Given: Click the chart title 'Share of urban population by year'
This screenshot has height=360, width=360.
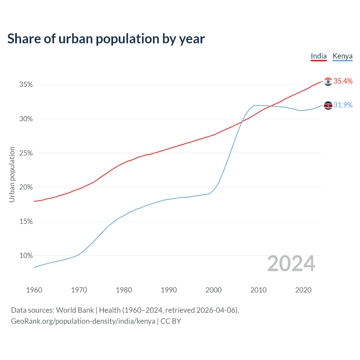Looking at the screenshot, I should tap(106, 39).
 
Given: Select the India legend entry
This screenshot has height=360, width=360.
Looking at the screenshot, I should tap(319, 56).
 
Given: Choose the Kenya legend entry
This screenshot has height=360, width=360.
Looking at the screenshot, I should tap(342, 56).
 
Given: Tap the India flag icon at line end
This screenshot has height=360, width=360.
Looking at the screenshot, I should tap(328, 82).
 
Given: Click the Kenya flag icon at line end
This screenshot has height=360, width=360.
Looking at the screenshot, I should tap(328, 105).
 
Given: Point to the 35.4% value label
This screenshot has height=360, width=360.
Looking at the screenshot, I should tap(343, 81).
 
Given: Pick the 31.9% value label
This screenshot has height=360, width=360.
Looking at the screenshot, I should tap(343, 105).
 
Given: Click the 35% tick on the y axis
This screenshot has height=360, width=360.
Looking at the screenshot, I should tap(26, 85).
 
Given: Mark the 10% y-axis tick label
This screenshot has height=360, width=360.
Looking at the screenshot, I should tap(26, 256).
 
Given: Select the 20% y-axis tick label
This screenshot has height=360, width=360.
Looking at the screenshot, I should tap(26, 187).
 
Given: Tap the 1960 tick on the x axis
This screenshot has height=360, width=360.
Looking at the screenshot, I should tap(34, 290).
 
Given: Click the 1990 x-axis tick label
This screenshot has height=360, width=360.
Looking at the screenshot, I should tap(169, 290).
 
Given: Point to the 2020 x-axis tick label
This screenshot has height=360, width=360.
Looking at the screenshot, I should tap(303, 290).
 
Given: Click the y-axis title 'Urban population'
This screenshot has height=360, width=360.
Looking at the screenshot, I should tap(12, 174).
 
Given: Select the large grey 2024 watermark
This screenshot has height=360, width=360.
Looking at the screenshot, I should tap(291, 264).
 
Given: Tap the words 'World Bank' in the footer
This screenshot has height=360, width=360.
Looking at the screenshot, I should tap(75, 310).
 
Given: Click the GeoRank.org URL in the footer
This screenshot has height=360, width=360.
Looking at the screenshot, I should tap(83, 321).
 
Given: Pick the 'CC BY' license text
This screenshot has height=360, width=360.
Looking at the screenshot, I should tap(171, 321).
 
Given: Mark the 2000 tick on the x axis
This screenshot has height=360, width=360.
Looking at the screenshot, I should tap(213, 290).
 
